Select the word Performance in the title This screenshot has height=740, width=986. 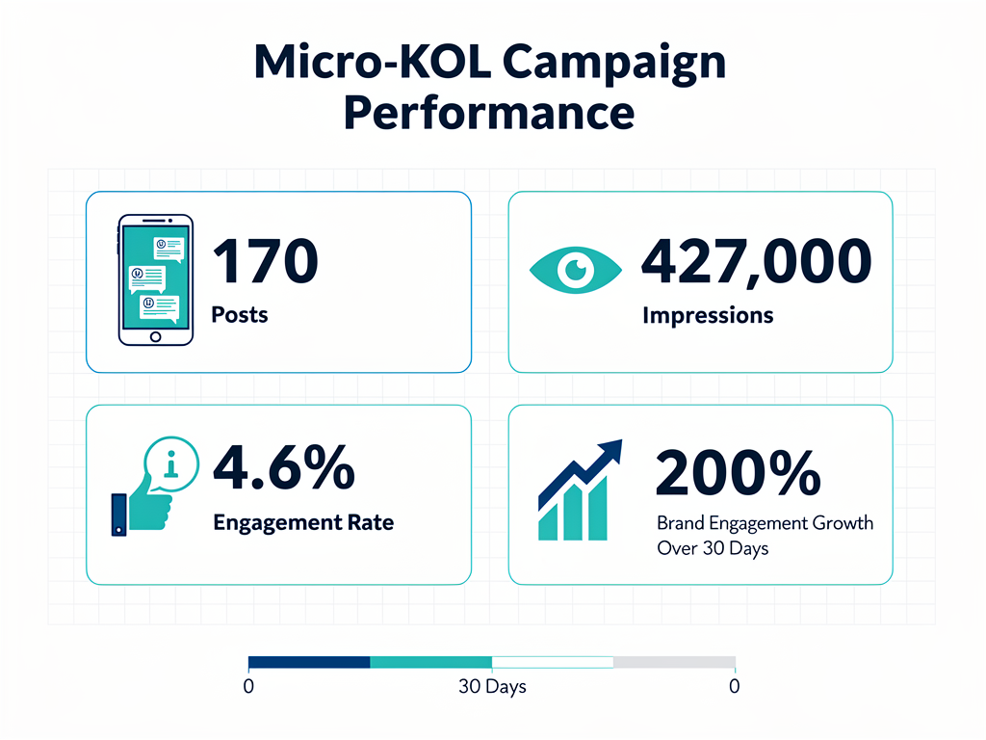[489, 112]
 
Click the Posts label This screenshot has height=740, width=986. [240, 315]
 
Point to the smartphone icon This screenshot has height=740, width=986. [154, 280]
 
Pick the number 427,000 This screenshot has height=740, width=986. [756, 261]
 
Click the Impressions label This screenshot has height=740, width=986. [707, 315]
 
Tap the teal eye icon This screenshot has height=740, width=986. [577, 270]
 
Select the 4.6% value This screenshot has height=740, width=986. [283, 468]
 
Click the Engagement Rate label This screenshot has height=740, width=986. [302, 523]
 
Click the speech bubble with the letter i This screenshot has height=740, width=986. [172, 464]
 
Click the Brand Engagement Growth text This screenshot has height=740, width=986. [765, 524]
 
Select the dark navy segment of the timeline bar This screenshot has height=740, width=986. [309, 662]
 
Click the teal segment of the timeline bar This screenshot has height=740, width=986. [430, 662]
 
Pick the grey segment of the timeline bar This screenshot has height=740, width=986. [674, 662]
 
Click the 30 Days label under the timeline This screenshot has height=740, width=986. [492, 688]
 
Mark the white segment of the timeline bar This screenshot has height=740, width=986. [553, 662]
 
